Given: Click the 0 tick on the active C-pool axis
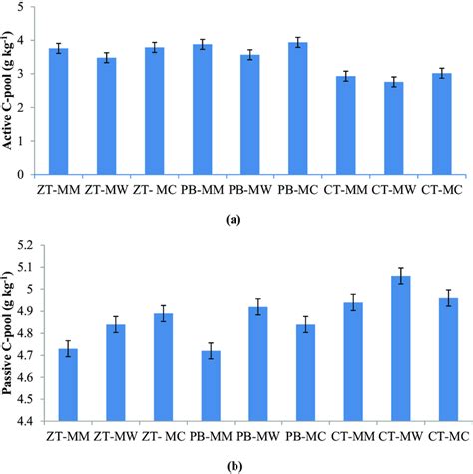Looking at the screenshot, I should point(25,175).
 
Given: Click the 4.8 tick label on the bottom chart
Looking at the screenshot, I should point(21,334).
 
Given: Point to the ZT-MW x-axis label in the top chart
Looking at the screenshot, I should point(105,188).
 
